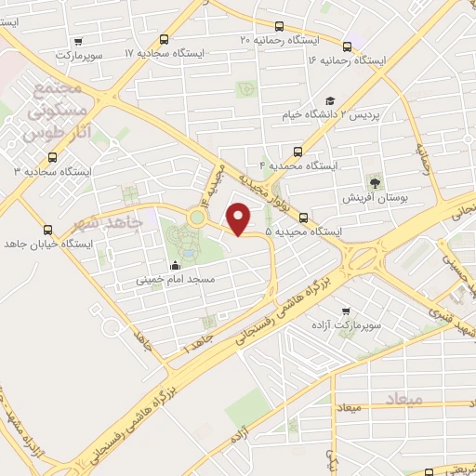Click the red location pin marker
tap(239, 218)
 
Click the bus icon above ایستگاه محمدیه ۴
tap(297, 151)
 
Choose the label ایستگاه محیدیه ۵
tap(302, 231)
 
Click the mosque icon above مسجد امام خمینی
tap(175, 266)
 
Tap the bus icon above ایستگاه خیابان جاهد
tap(48, 230)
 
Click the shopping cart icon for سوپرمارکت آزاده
tap(346, 311)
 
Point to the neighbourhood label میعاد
tap(402, 399)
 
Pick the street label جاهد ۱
tap(198, 345)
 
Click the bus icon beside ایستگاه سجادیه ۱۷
tap(165, 40)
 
